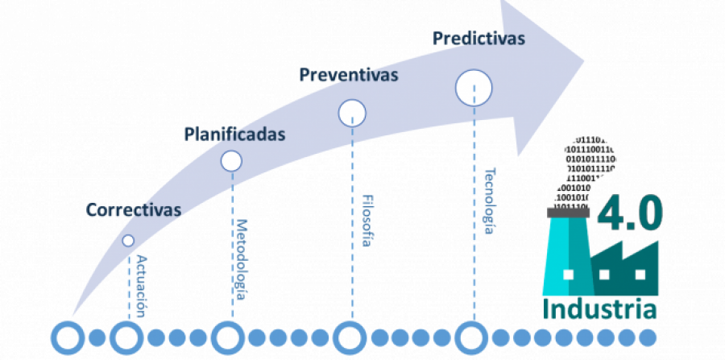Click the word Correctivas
click(x=134, y=210)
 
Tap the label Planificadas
click(x=234, y=134)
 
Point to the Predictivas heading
click(x=478, y=38)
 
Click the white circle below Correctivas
click(x=128, y=240)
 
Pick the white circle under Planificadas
click(x=231, y=161)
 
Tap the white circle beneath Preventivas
click(x=352, y=113)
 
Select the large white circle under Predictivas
click(x=474, y=88)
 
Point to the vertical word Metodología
click(x=241, y=257)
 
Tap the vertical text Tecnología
click(x=489, y=201)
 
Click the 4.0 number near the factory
click(x=630, y=211)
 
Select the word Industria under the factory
click(x=599, y=309)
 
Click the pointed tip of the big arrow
click(x=585, y=64)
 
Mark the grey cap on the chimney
click(x=568, y=212)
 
